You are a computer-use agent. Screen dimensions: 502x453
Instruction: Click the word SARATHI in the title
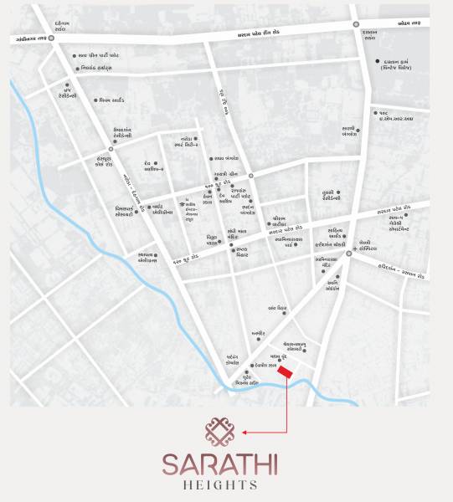point(219,464)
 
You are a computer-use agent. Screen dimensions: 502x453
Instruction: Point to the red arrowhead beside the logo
point(244,433)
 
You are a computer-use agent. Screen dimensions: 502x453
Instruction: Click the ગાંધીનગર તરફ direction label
point(33,38)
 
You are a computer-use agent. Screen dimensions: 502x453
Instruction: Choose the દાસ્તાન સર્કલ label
point(371,35)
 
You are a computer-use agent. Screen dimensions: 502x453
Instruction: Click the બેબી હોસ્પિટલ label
point(371,247)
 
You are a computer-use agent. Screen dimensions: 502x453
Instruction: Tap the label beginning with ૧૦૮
point(397,115)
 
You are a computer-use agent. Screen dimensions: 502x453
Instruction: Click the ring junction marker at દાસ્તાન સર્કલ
point(356,23)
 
